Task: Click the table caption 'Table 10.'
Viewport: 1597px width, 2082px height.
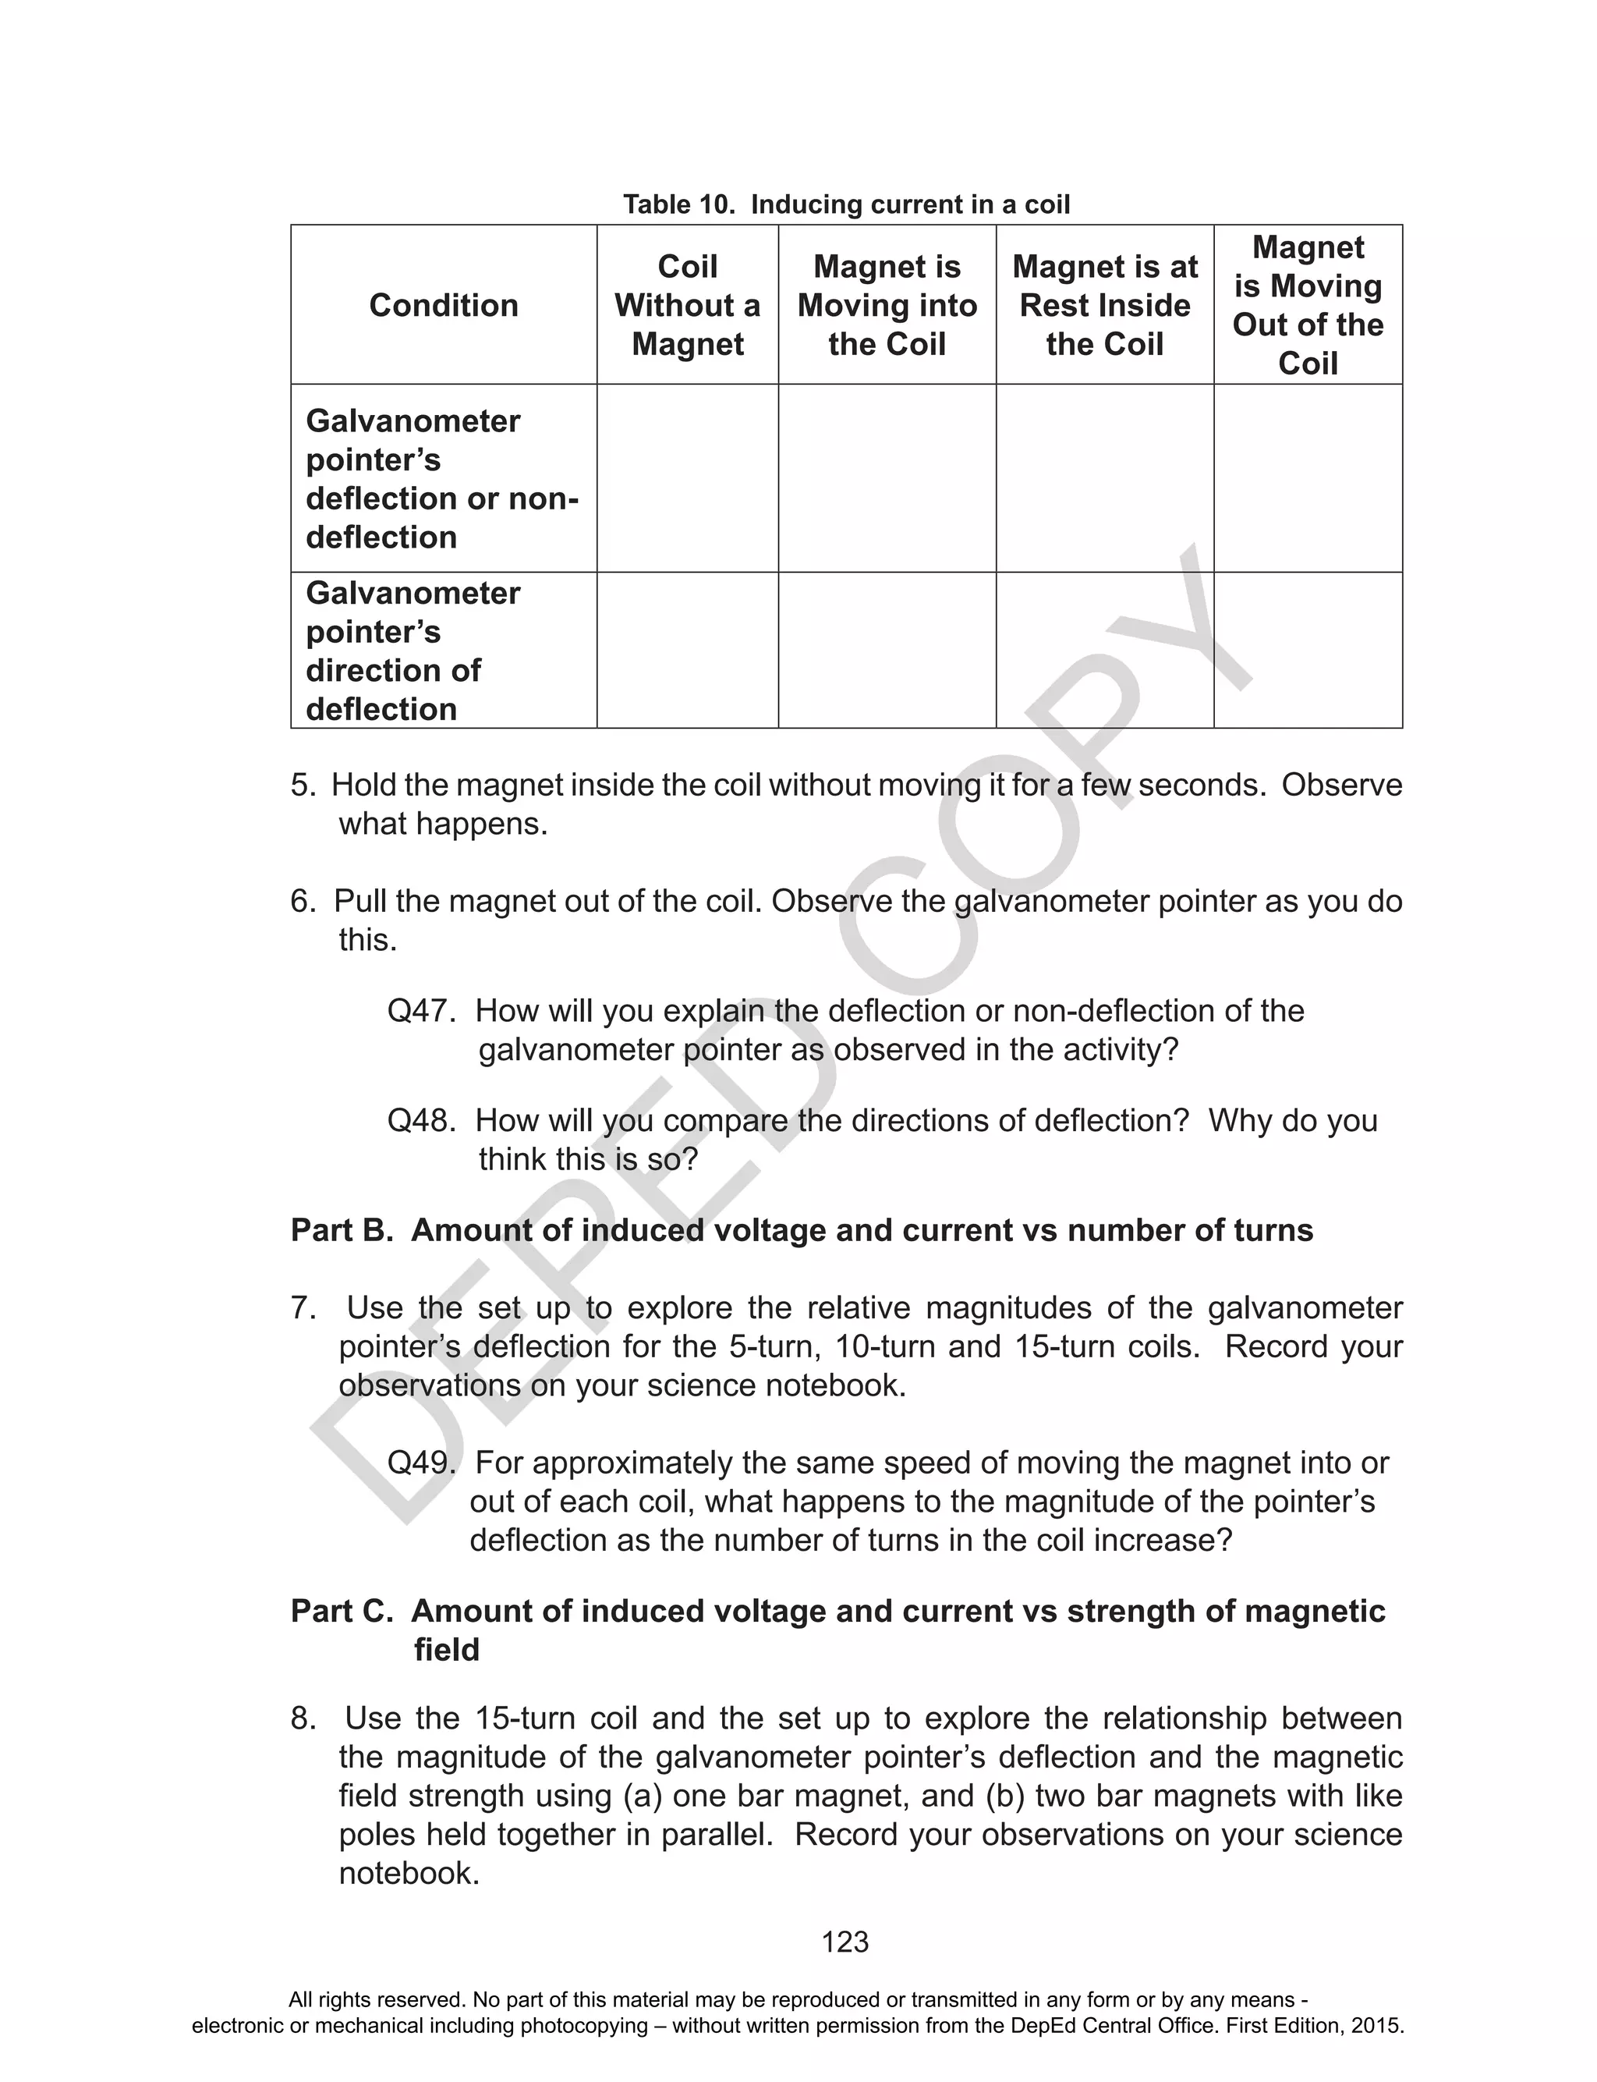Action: pos(678,204)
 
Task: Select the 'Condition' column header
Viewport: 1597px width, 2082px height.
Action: pos(443,305)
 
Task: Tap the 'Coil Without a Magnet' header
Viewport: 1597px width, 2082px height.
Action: pos(687,305)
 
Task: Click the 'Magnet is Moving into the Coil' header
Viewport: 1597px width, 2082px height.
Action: pos(887,305)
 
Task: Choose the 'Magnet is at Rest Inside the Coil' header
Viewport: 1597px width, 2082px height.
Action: pos(1105,305)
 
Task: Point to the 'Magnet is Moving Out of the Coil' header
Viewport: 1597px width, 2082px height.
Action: pos(1307,305)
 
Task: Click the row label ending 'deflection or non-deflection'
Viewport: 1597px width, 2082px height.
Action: pos(442,479)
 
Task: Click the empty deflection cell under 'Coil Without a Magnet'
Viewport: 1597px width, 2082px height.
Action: pos(687,478)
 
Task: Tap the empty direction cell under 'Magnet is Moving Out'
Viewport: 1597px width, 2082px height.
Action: pos(1307,651)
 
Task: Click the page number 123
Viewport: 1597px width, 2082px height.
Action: pos(845,1942)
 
